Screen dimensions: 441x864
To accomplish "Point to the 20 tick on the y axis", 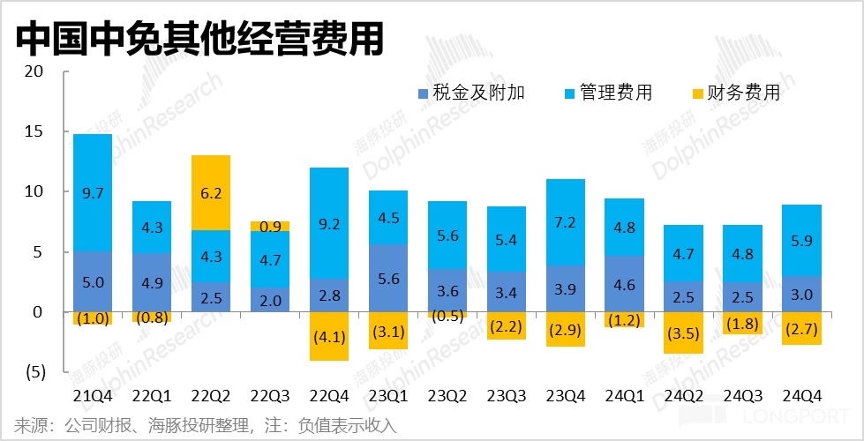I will (x=34, y=71).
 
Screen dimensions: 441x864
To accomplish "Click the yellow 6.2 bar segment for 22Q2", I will (x=211, y=192).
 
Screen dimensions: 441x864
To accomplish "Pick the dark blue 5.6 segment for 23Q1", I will (x=389, y=278).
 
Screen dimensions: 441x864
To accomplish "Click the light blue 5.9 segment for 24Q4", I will (x=802, y=241).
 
